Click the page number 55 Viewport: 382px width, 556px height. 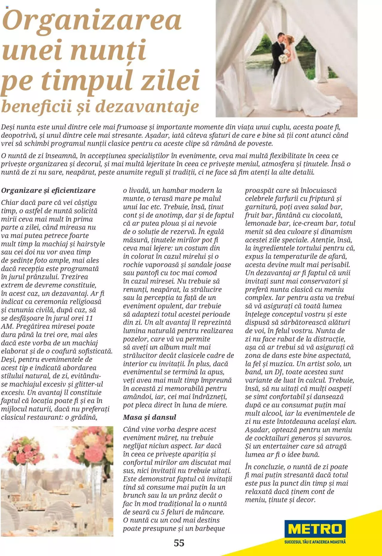179,543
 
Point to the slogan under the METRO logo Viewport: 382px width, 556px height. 315,542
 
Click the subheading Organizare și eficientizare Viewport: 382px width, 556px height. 48,190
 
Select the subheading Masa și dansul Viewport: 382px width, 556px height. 150,417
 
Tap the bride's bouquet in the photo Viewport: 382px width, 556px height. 284,58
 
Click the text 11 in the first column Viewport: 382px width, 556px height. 89,318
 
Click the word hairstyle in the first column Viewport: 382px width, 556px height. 91,244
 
